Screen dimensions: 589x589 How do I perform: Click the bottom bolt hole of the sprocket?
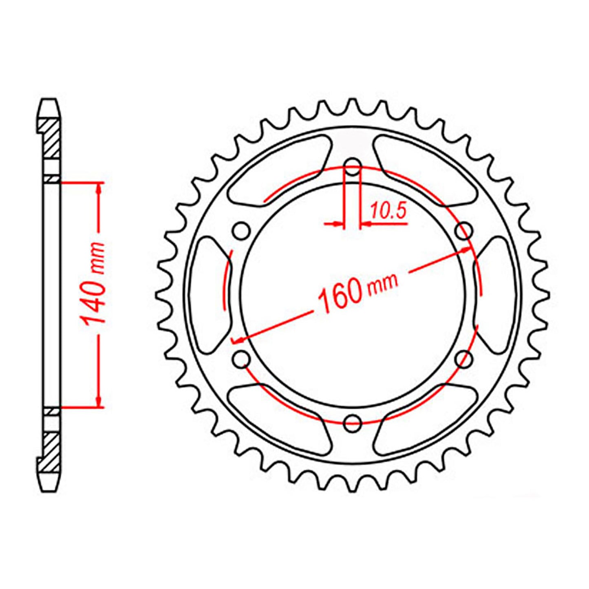click(x=353, y=423)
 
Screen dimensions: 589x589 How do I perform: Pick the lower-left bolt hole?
click(x=242, y=359)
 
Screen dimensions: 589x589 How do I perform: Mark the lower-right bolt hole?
click(x=464, y=359)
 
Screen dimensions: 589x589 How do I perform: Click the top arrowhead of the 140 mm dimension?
click(x=98, y=188)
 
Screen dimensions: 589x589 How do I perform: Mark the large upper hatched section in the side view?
click(x=51, y=139)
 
